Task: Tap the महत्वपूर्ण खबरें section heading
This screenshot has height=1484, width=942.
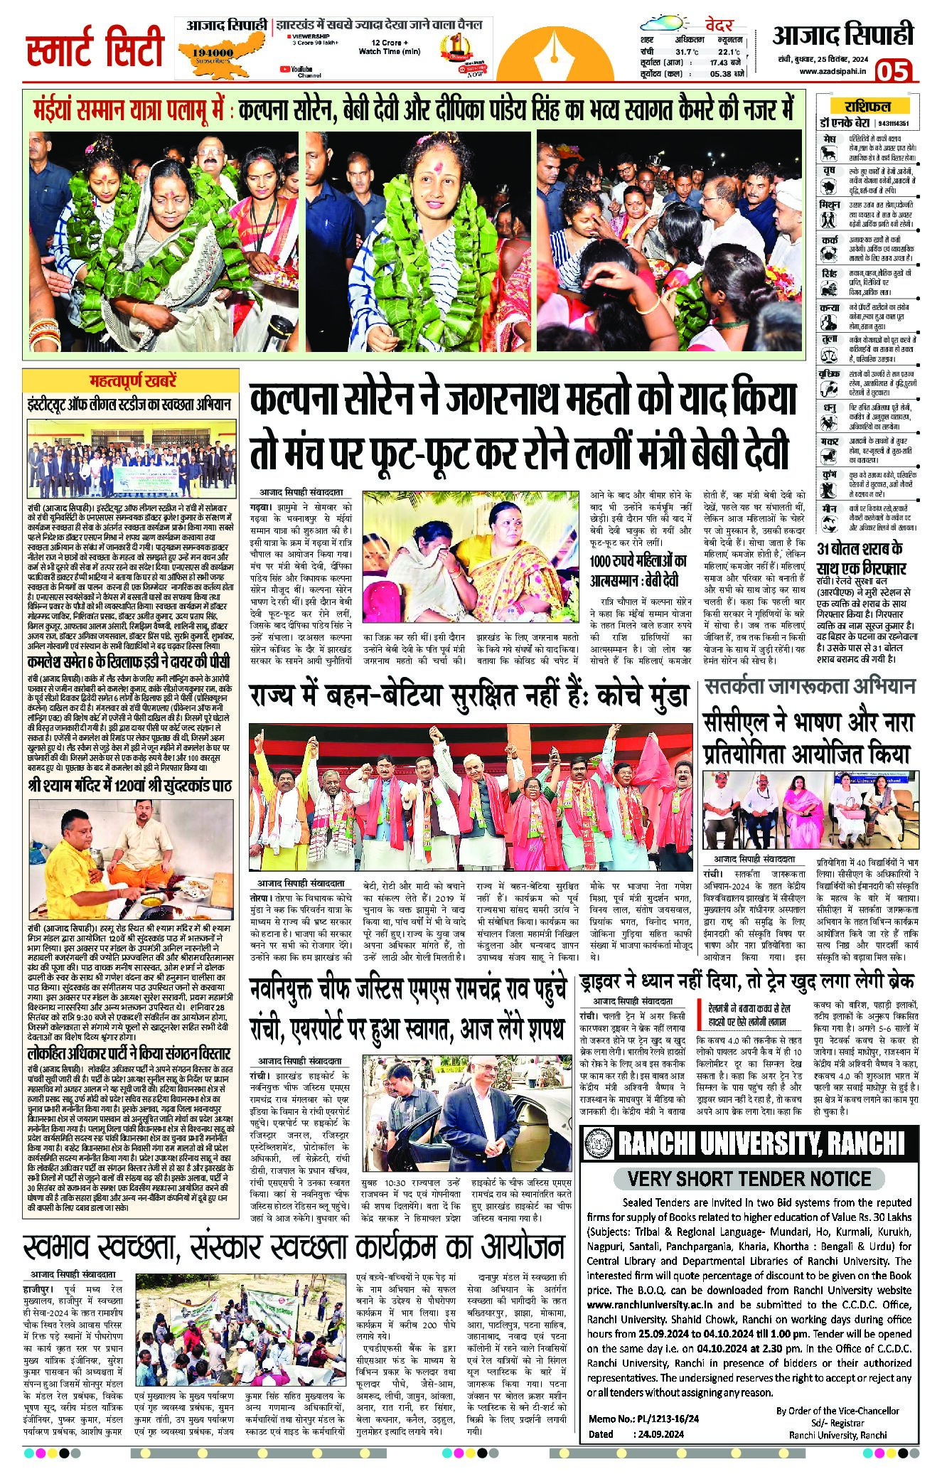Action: click(132, 380)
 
